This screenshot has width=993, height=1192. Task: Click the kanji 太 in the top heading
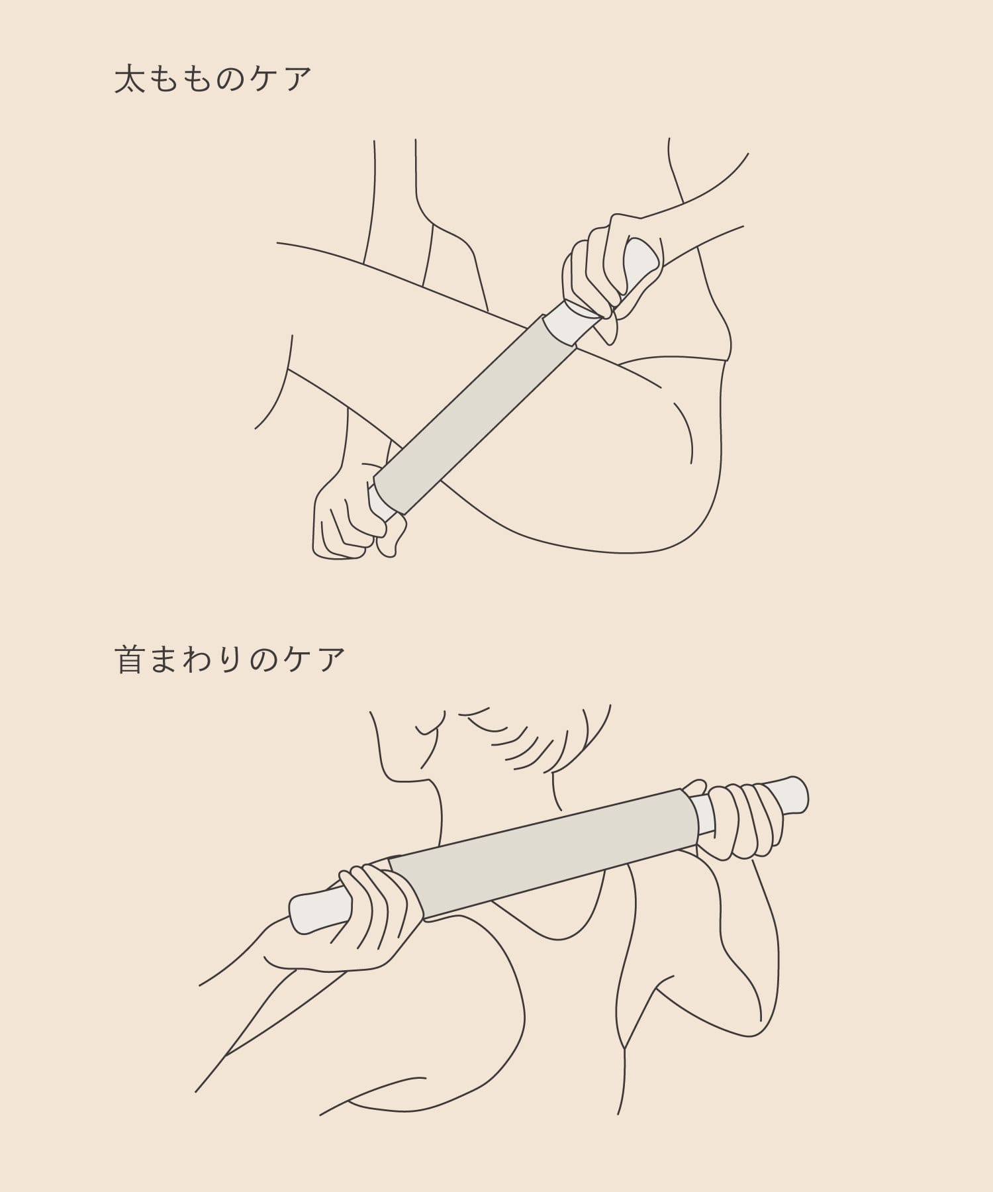tap(130, 79)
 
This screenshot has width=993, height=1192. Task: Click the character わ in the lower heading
tap(197, 660)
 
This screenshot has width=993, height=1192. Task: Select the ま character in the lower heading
tap(164, 660)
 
